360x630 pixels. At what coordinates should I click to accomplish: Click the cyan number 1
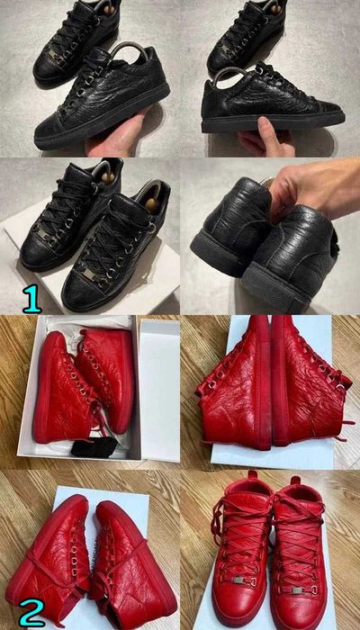coord(31,297)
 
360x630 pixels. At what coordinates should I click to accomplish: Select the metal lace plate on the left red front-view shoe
coord(237,580)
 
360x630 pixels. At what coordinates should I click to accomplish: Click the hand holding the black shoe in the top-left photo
coord(117,135)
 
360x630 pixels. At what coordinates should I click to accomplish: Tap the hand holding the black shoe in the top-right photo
coord(261,139)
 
